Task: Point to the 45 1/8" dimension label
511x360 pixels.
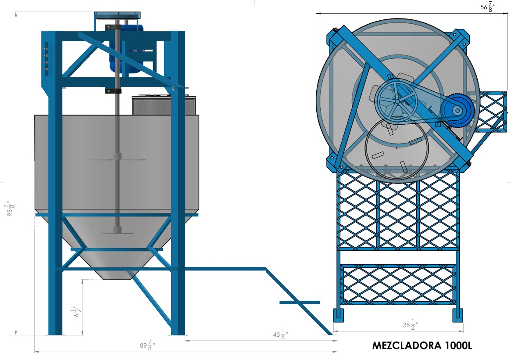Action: [281, 334]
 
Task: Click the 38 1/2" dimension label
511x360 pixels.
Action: [411, 324]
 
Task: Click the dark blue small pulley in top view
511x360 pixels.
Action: [457, 110]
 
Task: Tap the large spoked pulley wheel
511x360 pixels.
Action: [396, 101]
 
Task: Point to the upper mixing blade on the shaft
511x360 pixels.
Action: [117, 159]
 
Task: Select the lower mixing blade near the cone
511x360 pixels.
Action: [117, 233]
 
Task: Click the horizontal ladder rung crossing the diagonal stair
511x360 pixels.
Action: [300, 302]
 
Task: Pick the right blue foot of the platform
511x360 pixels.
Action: [457, 315]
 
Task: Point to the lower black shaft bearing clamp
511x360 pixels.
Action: [113, 90]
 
